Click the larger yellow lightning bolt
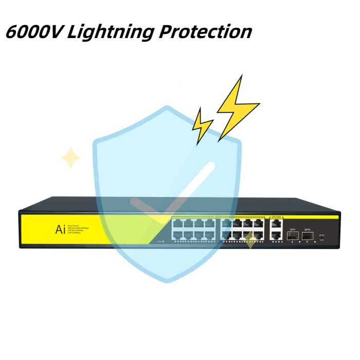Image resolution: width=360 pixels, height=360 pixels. point(237,109)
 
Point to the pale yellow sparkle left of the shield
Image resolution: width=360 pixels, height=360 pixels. point(70,158)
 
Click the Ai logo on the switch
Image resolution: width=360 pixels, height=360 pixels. point(60,229)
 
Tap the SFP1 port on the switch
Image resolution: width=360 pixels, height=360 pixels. point(293,237)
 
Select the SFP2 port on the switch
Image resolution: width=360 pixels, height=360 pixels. point(308,237)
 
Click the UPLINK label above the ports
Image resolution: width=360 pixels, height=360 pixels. point(276,218)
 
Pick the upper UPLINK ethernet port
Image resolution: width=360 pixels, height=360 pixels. point(276,224)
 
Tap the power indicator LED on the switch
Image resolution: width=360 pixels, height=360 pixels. point(165,240)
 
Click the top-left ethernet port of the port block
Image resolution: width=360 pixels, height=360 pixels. point(177,224)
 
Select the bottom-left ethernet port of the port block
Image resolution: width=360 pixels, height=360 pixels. point(177,235)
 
